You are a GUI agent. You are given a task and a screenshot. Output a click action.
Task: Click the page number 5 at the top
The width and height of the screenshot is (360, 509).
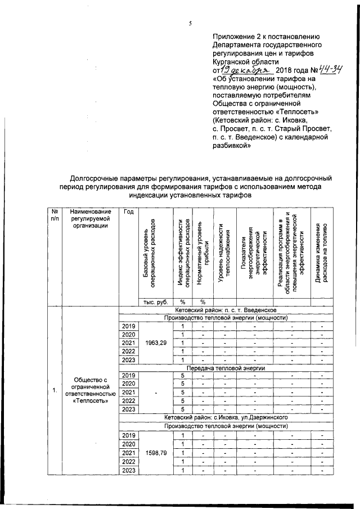190,23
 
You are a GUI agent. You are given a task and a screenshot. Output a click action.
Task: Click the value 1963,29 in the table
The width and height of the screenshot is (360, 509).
155,343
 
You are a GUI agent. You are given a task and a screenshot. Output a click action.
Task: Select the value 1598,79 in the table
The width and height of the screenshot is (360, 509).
155,452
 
